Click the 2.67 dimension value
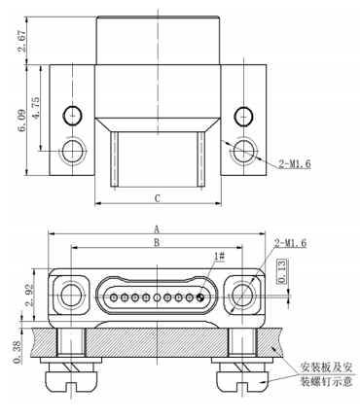[21, 41]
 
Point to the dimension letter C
[158, 198]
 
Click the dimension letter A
[157, 229]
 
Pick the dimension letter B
[157, 242]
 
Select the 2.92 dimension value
[29, 295]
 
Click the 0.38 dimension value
[18, 352]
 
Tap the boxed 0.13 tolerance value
[282, 271]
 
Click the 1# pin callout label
[220, 256]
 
